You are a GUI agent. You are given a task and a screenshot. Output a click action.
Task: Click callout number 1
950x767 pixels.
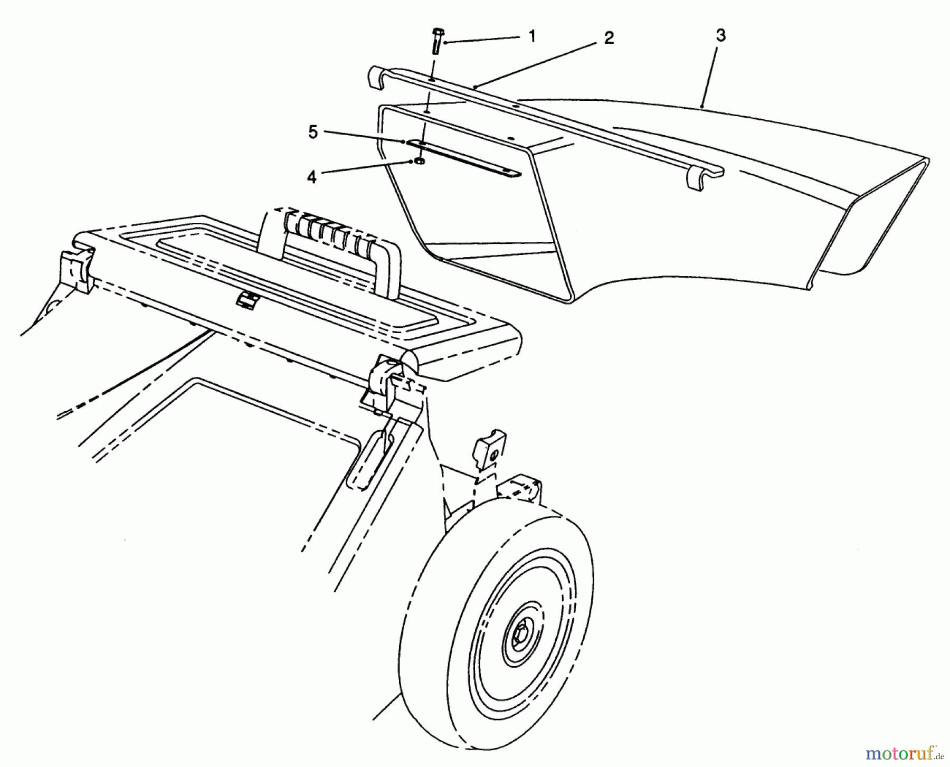tap(531, 36)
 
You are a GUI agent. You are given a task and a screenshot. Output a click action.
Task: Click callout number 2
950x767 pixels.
tap(609, 38)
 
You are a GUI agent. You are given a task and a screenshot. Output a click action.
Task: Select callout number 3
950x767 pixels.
tap(720, 35)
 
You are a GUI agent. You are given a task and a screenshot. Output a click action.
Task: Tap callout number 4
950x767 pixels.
tap(311, 178)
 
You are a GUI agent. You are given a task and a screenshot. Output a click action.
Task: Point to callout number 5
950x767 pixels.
tap(313, 132)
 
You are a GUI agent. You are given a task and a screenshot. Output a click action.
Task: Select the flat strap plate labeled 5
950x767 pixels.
tap(464, 159)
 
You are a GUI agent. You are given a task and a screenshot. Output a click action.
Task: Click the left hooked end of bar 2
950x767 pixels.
tap(376, 76)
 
